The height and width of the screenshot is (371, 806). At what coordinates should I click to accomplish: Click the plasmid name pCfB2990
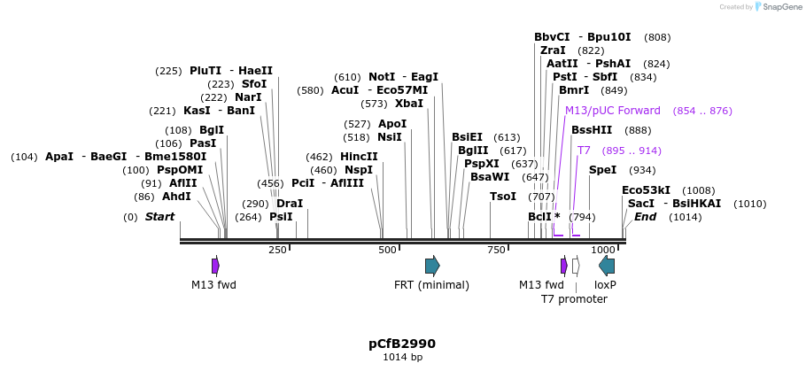(x=402, y=344)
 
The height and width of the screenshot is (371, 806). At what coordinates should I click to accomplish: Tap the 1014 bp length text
(x=402, y=358)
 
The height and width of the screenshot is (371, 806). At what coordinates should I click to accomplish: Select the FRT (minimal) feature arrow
(x=432, y=266)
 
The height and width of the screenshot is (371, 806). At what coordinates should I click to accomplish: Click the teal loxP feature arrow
(x=607, y=266)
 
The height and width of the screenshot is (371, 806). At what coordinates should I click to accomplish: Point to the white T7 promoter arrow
(x=576, y=266)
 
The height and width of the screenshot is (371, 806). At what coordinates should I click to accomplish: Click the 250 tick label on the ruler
(x=277, y=251)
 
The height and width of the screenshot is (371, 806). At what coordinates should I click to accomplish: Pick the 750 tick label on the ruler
(x=498, y=251)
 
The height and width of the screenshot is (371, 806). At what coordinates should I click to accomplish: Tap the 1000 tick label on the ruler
(x=603, y=251)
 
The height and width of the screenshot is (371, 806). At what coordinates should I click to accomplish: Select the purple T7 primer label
(x=584, y=151)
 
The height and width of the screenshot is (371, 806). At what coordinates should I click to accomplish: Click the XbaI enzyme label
(x=409, y=104)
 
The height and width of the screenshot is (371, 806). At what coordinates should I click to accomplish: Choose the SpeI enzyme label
(x=602, y=170)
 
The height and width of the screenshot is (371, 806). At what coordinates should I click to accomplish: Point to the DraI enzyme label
(x=290, y=203)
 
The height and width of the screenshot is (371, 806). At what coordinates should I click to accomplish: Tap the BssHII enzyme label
(x=592, y=130)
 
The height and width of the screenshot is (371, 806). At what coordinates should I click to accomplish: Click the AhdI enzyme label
(x=176, y=197)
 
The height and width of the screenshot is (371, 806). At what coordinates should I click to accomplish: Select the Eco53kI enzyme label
(x=646, y=190)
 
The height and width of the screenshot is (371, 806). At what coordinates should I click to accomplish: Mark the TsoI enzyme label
(x=503, y=197)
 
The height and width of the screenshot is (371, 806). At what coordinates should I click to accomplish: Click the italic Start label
(x=160, y=217)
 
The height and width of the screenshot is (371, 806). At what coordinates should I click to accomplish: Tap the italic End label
(x=645, y=217)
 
